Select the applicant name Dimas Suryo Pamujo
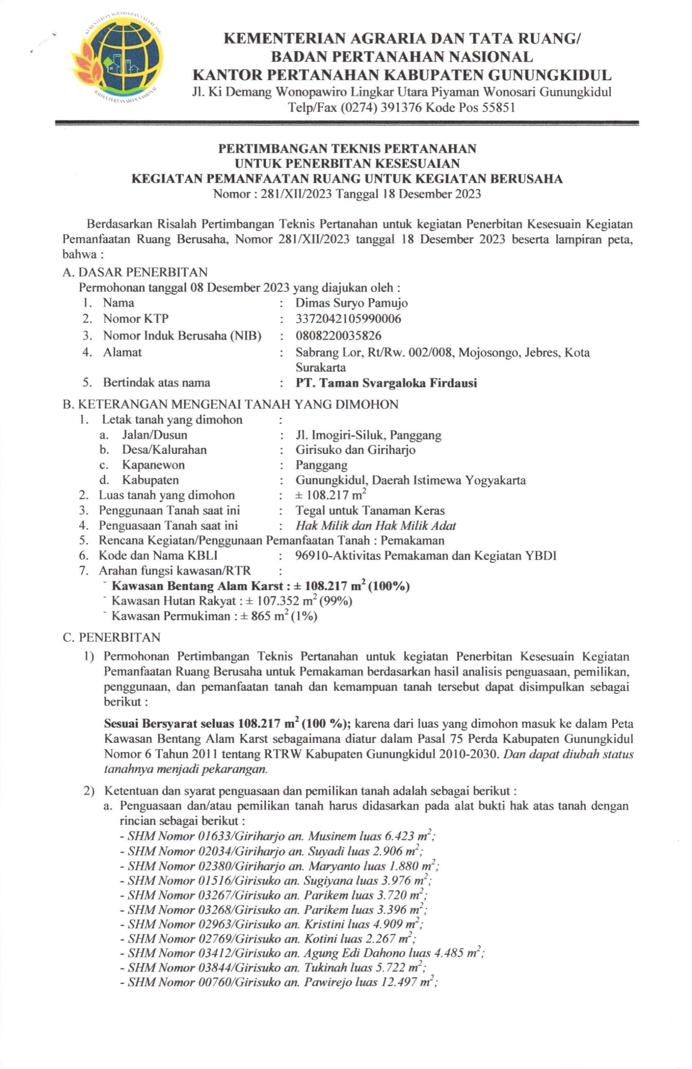(351, 303)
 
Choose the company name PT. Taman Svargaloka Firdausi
(386, 383)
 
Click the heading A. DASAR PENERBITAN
(135, 272)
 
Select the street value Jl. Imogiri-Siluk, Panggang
(369, 435)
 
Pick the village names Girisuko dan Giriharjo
(356, 450)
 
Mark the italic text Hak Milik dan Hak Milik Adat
(376, 526)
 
